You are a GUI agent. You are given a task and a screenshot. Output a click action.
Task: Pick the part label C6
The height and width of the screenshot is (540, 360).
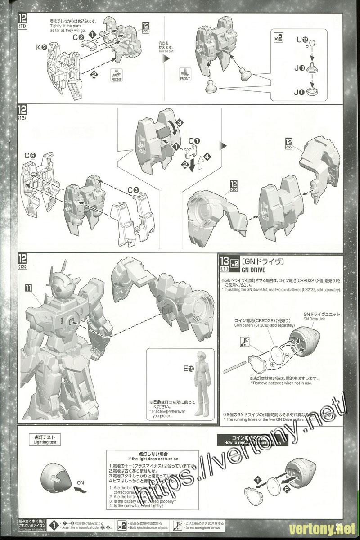tap(31, 156)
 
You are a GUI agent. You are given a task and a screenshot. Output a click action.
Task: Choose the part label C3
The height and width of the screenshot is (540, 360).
tap(133, 190)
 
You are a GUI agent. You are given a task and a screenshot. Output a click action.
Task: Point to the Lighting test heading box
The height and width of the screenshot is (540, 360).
tap(53, 440)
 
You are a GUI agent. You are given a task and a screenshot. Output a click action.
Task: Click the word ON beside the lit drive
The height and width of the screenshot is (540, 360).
tap(81, 482)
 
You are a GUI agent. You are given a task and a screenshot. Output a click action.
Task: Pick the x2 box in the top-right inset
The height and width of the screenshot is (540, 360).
tap(278, 38)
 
